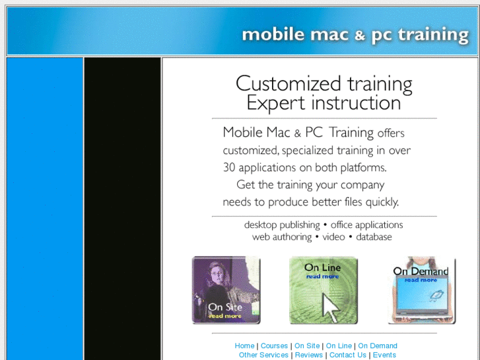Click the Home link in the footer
[244, 345]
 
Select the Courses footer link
[274, 345]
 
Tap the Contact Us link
[347, 355]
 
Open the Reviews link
[308, 355]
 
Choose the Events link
[384, 355]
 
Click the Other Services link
[263, 355]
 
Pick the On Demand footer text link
[378, 345]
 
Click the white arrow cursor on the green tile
[329, 306]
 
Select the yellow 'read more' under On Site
[225, 316]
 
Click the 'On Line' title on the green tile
[322, 268]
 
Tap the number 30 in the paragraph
[229, 168]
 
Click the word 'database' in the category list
[374, 237]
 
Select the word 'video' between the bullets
[333, 237]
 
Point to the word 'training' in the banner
[434, 35]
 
